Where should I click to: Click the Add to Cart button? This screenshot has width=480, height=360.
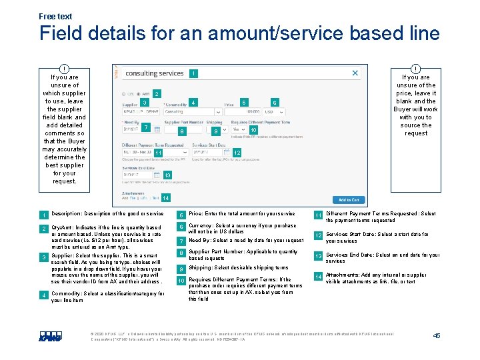pyautogui.click(x=349, y=199)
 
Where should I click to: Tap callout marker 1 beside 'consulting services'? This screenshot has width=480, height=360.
pyautogui.click(x=193, y=73)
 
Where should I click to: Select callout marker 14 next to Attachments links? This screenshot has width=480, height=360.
pyautogui.click(x=165, y=198)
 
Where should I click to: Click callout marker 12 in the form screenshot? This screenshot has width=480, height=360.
pyautogui.click(x=237, y=153)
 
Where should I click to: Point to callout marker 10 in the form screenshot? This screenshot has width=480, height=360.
pyautogui.click(x=253, y=130)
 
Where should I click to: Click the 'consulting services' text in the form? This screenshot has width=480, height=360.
pyautogui.click(x=155, y=73)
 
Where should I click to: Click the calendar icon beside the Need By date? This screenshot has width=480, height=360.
pyautogui.click(x=157, y=129)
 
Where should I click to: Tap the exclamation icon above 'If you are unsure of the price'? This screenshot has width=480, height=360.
pyautogui.click(x=415, y=69)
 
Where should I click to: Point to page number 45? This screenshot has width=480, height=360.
pyautogui.click(x=437, y=335)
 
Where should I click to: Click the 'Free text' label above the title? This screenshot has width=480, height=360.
pyautogui.click(x=55, y=16)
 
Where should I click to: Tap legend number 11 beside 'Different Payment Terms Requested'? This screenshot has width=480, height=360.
pyautogui.click(x=318, y=215)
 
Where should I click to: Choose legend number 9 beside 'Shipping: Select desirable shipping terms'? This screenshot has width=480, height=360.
pyautogui.click(x=180, y=269)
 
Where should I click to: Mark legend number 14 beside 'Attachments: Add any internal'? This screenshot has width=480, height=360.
pyautogui.click(x=318, y=277)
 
